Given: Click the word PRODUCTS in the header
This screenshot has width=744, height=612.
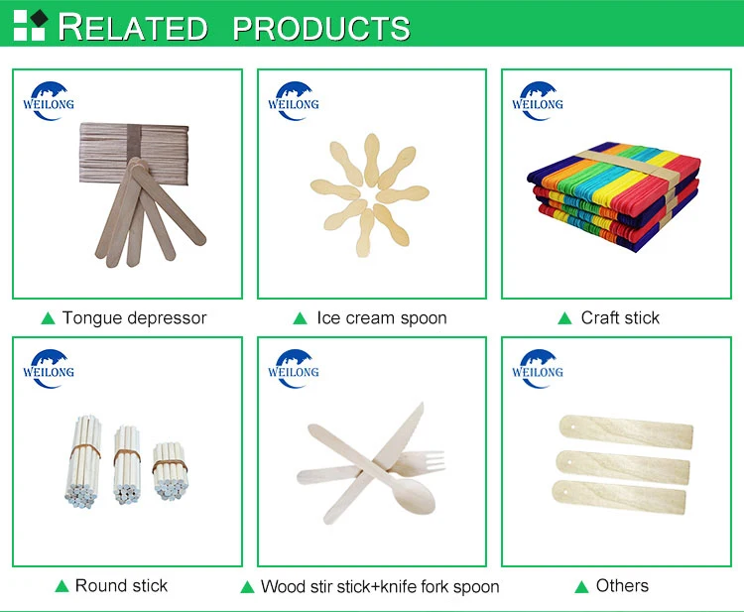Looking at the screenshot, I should click(x=321, y=27).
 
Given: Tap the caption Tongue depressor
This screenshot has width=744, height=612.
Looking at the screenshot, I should click(x=134, y=318).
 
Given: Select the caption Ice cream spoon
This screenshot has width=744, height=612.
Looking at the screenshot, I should click(x=382, y=318).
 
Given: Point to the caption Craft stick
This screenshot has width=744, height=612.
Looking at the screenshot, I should click(x=620, y=318).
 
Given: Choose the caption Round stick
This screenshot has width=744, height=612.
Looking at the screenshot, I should click(x=121, y=585).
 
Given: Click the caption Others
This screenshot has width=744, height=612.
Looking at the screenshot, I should click(x=622, y=585).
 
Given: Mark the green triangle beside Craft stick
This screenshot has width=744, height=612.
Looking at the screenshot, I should click(x=564, y=318).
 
